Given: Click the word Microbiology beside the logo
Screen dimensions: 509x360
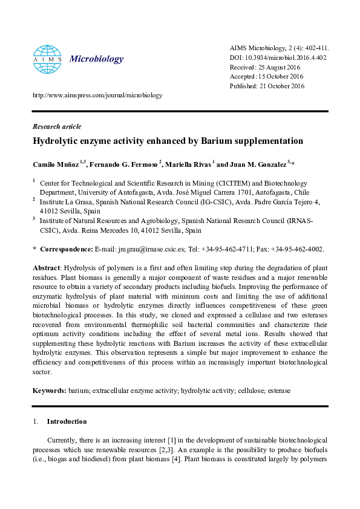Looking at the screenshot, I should coord(97,59).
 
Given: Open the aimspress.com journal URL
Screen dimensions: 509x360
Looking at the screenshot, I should coord(97,95).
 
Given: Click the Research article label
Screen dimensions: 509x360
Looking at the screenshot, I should coord(56,126).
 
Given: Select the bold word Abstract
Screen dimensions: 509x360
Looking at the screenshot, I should coord(45,268).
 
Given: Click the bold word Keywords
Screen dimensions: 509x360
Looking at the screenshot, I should coord(48,391).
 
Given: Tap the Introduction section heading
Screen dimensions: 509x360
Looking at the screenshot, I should coord(67,421).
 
